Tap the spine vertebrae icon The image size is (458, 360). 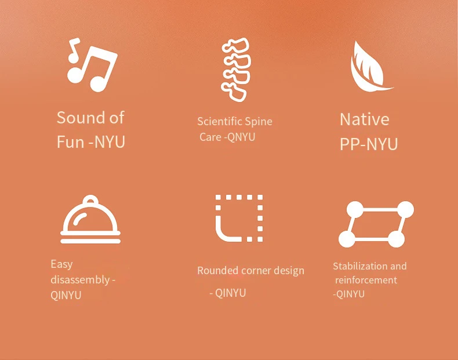(x=236, y=70)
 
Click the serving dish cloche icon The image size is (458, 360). (x=90, y=219)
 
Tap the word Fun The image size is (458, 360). (x=70, y=142)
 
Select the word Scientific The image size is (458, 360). (x=220, y=121)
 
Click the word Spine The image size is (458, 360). (x=259, y=122)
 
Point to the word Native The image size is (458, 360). (x=365, y=119)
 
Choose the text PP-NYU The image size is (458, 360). (x=369, y=144)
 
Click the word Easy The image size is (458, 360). (x=61, y=264)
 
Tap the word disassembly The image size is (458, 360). (x=80, y=279)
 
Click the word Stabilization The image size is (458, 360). (x=360, y=266)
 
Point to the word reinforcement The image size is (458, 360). (x=366, y=280)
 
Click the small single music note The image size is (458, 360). (x=74, y=50)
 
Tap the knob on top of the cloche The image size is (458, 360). (x=90, y=199)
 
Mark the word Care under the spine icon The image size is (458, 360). (x=210, y=137)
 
